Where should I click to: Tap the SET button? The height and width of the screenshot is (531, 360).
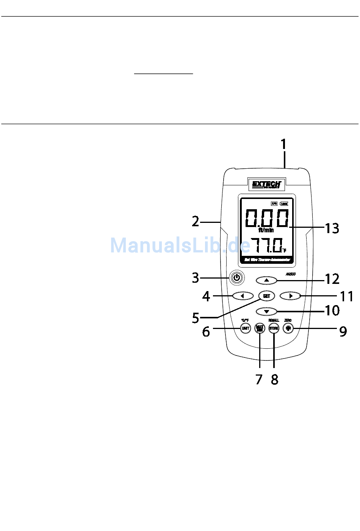(x=266, y=296)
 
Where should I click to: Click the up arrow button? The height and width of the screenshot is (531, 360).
(x=266, y=280)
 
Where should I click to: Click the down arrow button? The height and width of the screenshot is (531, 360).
(x=266, y=312)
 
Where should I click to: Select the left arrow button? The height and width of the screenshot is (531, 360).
(x=243, y=296)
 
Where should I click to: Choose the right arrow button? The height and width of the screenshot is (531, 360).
(x=290, y=296)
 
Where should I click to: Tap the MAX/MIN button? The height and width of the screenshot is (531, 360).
(x=260, y=328)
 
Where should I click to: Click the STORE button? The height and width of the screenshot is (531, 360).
(x=274, y=328)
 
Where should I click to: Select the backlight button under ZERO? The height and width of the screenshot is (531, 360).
(x=288, y=328)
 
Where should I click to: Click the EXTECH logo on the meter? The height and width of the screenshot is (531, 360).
(x=266, y=185)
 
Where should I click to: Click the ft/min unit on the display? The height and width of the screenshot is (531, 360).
(x=266, y=230)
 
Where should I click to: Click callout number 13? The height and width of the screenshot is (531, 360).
(x=332, y=228)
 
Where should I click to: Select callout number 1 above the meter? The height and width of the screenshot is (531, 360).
(x=283, y=144)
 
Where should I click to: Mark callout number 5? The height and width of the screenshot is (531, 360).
(x=196, y=318)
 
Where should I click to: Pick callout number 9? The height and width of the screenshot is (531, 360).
(x=343, y=331)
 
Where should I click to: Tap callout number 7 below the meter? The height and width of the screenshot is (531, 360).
(x=259, y=379)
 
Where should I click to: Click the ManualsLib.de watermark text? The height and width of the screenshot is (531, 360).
(x=180, y=245)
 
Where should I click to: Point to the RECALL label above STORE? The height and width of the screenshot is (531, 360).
(x=274, y=321)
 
